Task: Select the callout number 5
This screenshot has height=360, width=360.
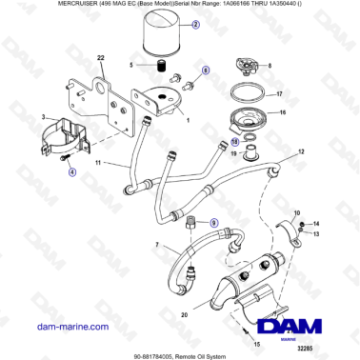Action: click(x=131, y=67)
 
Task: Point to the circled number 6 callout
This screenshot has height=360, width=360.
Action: click(x=205, y=70)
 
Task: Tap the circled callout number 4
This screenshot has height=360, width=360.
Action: click(x=70, y=171)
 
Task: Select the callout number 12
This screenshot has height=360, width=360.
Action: click(x=302, y=151)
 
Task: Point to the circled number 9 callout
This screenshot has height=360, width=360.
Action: click(x=213, y=225)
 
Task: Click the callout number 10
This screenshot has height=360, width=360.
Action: click(x=296, y=213)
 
